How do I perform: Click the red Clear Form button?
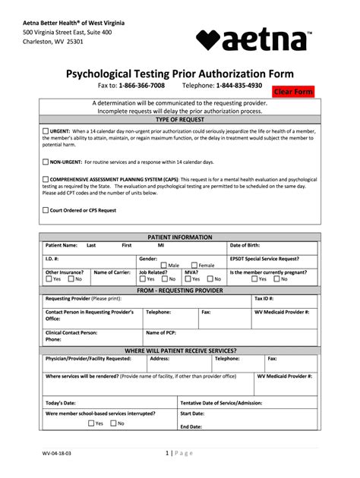tap(293, 92)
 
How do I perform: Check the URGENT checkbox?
tap(46, 130)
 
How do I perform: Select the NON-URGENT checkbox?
tap(46, 162)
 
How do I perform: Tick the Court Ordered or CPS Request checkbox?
tap(46, 209)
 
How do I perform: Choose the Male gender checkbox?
tap(163, 265)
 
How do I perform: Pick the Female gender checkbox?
tap(194, 265)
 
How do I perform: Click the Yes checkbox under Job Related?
tap(142, 278)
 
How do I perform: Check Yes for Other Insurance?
tap(49, 278)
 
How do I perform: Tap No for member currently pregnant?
tap(277, 278)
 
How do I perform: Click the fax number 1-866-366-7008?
tap(141, 86)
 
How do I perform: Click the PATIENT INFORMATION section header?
tap(179, 237)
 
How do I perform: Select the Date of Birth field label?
tap(245, 245)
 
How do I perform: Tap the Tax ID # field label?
tap(264, 298)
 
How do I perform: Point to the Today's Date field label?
tap(61, 402)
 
